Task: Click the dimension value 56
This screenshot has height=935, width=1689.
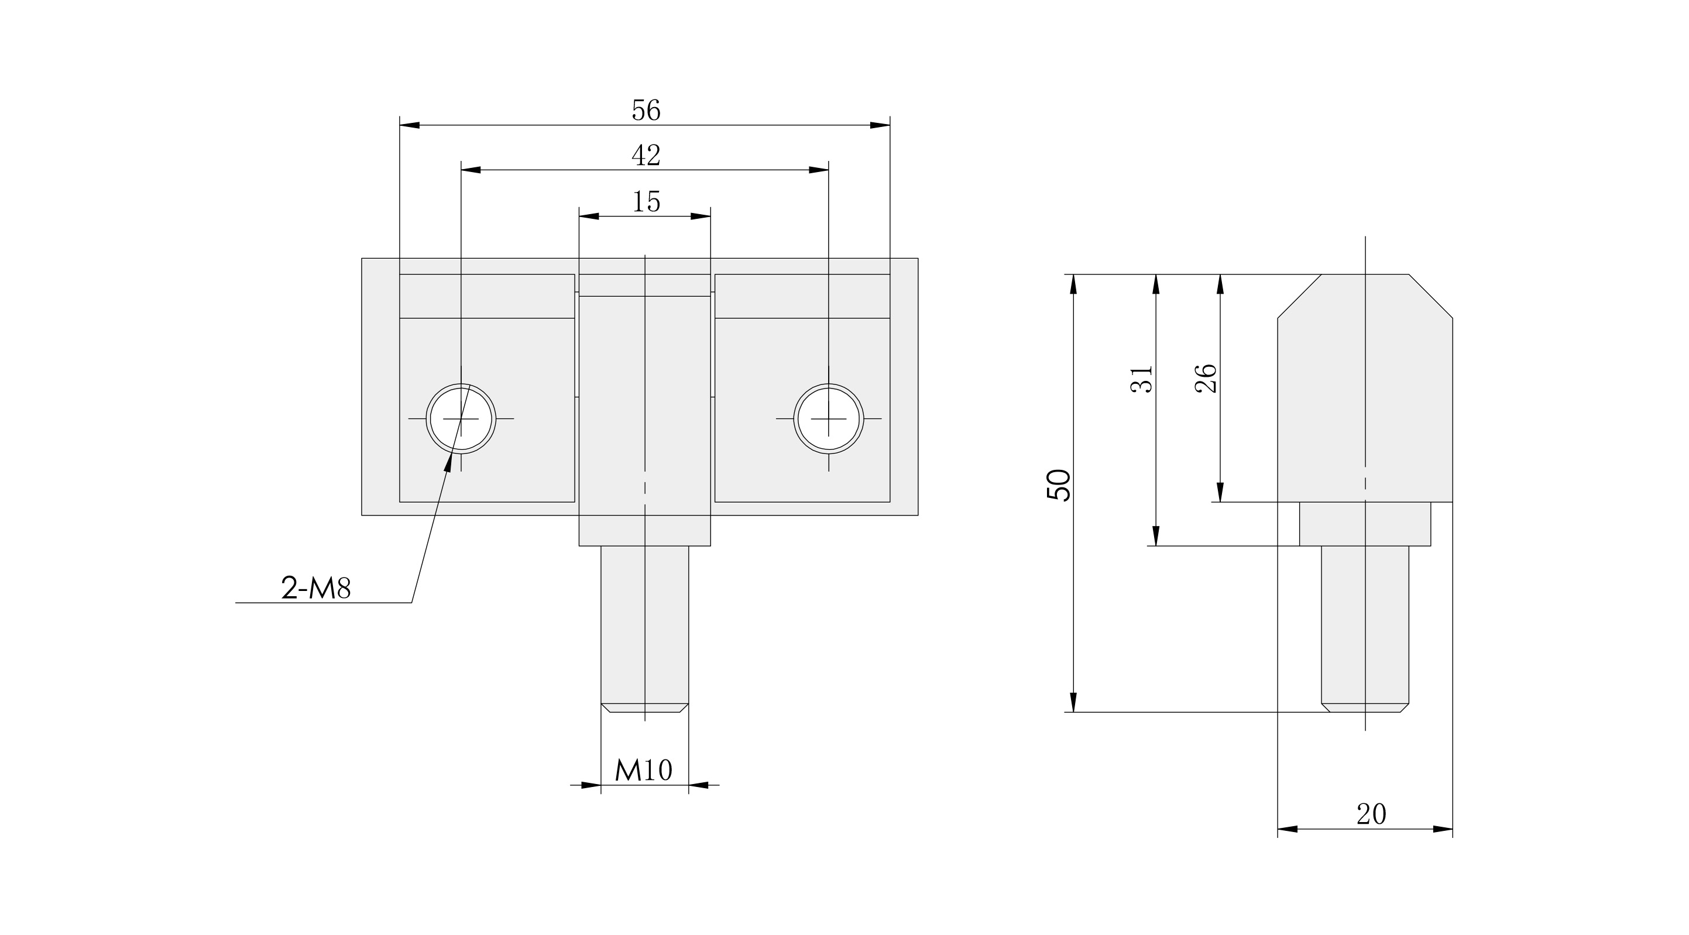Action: point(646,110)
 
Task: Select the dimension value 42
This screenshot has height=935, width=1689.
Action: point(646,156)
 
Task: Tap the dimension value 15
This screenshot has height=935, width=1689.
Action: point(646,202)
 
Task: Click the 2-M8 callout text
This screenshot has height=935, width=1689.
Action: point(316,588)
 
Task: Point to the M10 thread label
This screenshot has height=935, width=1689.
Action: point(644,770)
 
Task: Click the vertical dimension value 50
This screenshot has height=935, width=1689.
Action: point(1058,485)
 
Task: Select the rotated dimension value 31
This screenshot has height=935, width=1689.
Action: point(1142,379)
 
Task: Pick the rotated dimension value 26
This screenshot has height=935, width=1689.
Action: point(1206,379)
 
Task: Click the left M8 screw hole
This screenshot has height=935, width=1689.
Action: point(461,418)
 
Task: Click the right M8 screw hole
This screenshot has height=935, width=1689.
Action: point(828,418)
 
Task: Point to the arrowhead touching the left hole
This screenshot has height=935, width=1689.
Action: point(449,462)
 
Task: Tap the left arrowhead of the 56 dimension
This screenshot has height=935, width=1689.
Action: point(409,125)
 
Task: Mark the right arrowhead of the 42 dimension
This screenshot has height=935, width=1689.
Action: point(819,170)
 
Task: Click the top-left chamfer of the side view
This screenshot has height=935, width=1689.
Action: point(1299,297)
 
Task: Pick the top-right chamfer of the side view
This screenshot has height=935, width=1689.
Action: point(1431,297)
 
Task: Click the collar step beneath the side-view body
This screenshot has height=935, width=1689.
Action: point(1364,524)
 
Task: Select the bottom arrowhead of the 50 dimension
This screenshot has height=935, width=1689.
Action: point(1073,702)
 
